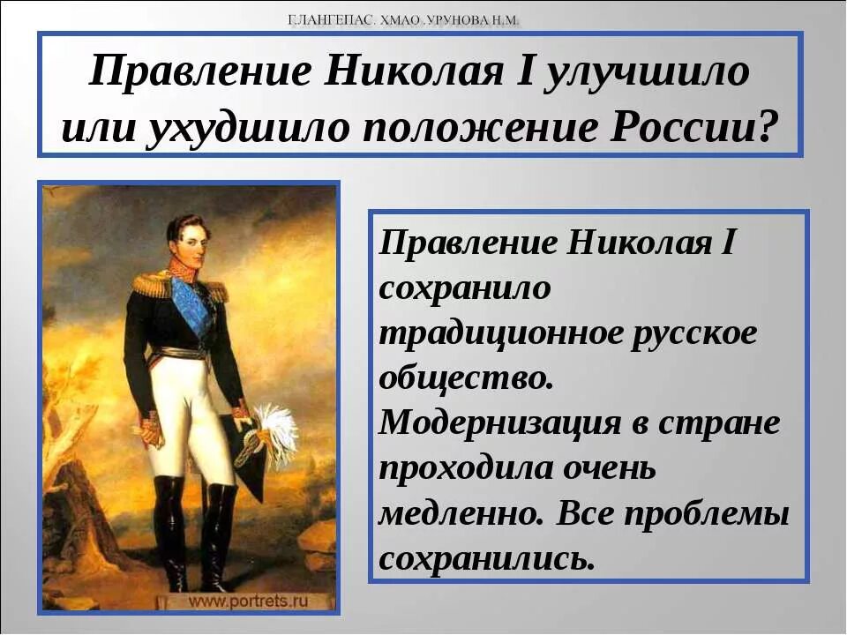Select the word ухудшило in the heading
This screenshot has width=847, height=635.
[x=248, y=129]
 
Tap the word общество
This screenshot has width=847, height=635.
[x=467, y=377]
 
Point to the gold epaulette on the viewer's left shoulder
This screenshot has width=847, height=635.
[x=153, y=282]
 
